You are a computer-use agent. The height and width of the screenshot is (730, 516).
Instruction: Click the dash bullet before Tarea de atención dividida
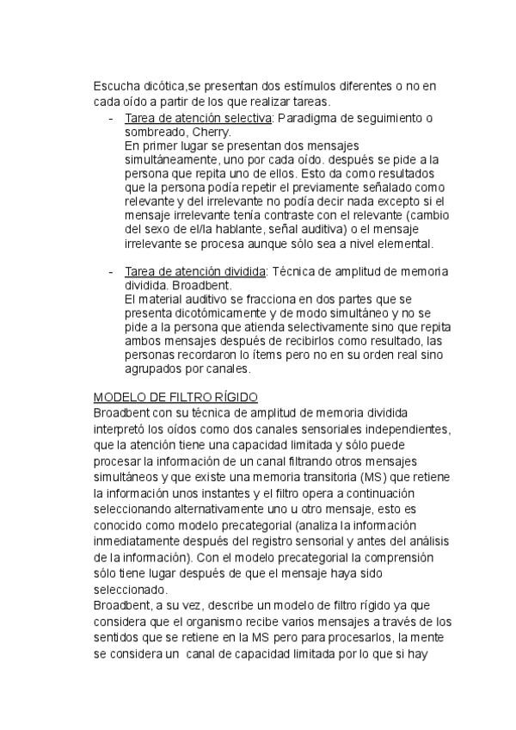pos(111,272)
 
